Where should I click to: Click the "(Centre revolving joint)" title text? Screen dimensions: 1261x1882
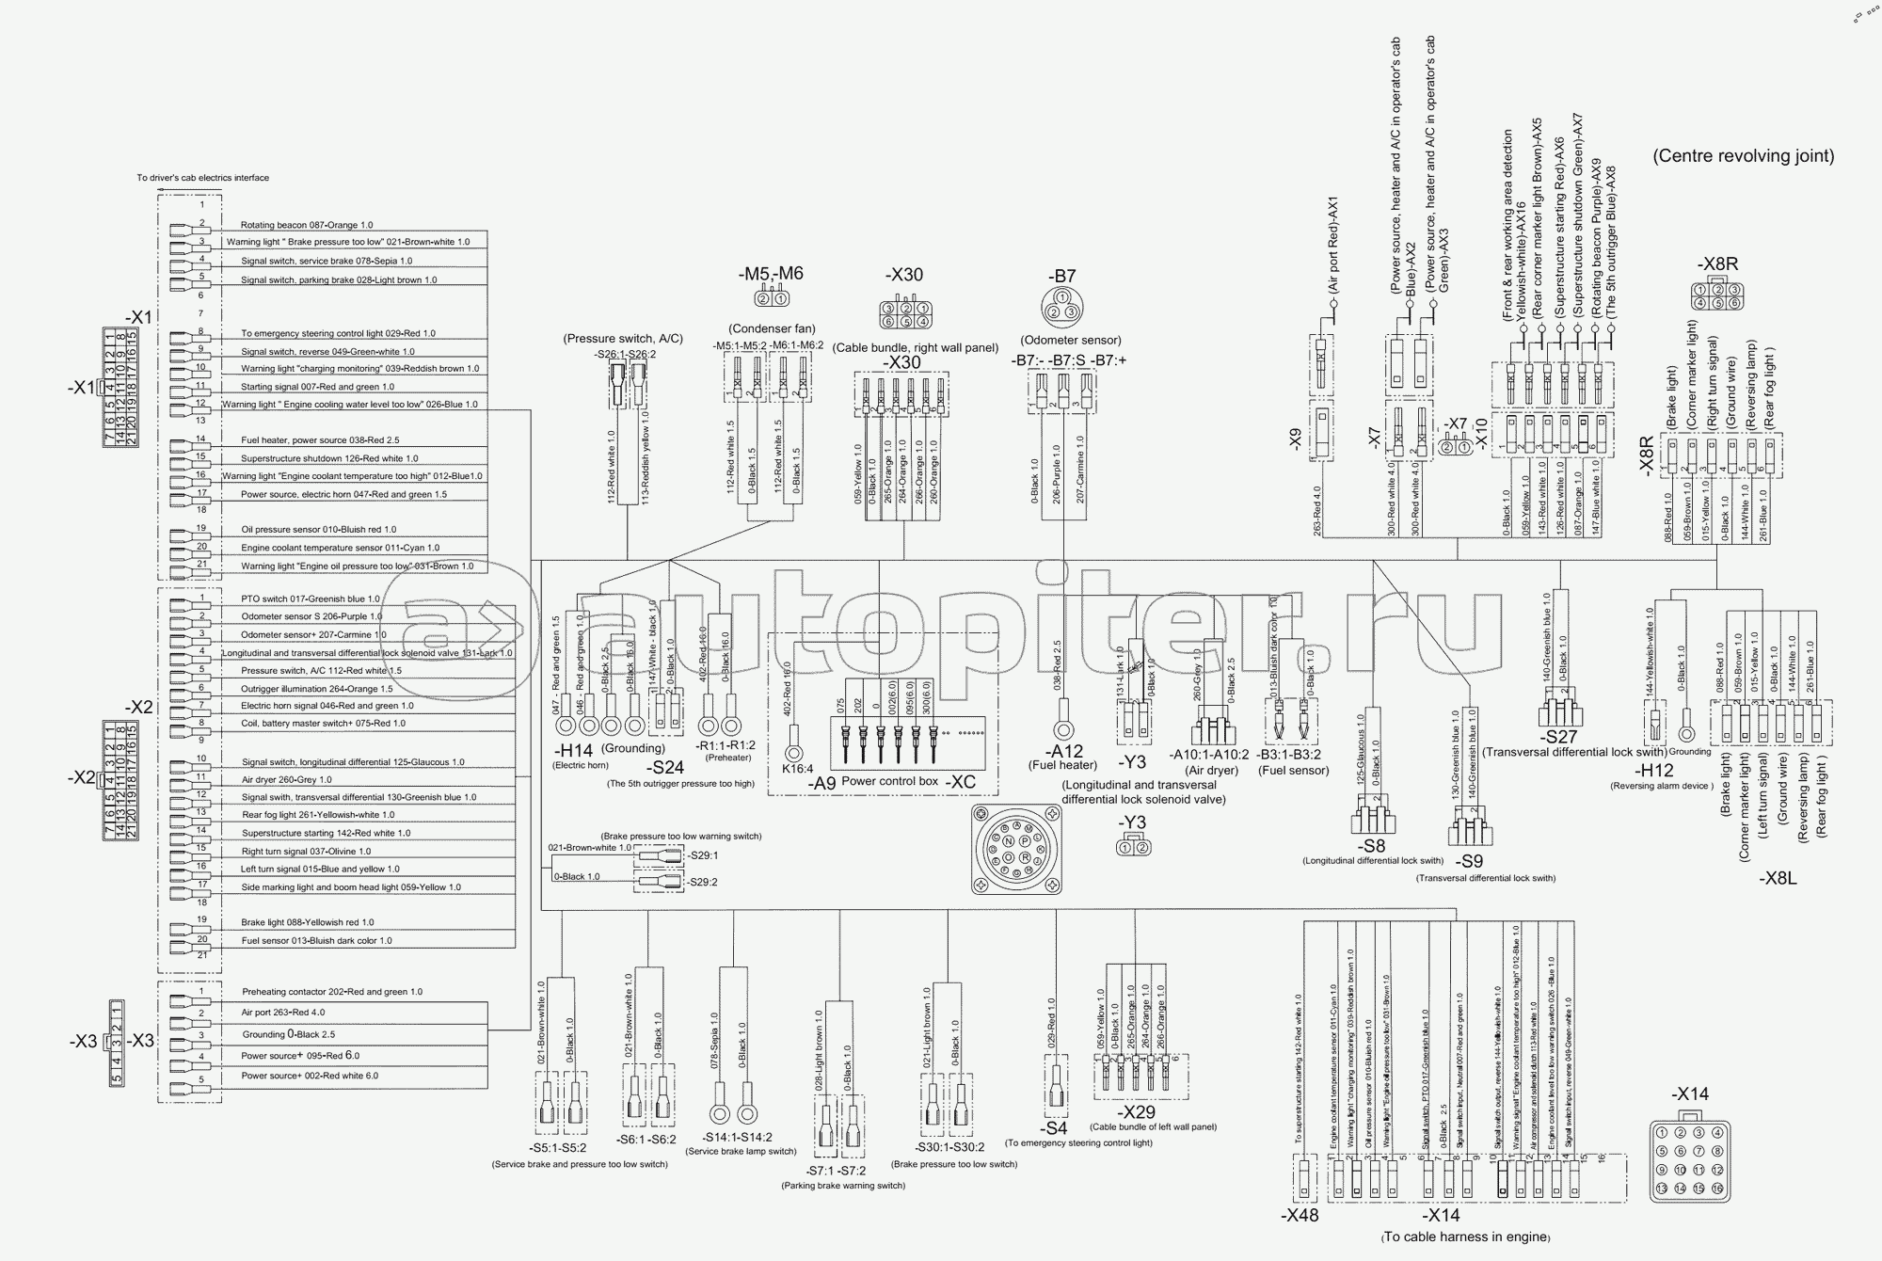(1743, 156)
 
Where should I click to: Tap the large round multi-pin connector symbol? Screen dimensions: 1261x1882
(1016, 850)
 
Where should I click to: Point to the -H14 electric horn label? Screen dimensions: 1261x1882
(572, 750)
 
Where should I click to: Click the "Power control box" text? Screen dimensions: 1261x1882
(889, 781)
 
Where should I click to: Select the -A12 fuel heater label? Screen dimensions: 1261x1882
(1065, 751)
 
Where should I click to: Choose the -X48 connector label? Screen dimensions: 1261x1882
(1299, 1215)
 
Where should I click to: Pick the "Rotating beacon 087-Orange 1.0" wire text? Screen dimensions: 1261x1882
(307, 225)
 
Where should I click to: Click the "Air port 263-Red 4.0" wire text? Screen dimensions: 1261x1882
(283, 1013)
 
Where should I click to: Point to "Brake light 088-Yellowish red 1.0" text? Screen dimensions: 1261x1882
(308, 922)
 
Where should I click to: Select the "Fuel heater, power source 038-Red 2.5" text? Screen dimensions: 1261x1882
(320, 440)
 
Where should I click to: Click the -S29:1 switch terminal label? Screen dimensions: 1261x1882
(703, 855)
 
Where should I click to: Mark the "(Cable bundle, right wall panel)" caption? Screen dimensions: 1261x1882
(915, 348)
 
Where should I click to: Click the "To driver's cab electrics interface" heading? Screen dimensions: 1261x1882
(202, 178)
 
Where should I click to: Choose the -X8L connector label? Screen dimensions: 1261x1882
(1778, 878)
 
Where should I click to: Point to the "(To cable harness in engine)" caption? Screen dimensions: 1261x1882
(1465, 1237)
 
